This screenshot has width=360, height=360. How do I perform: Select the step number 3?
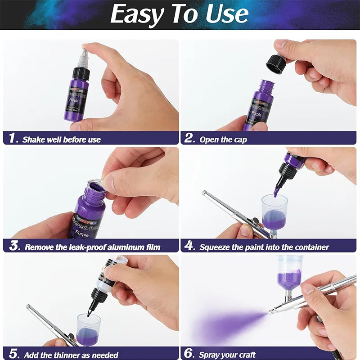coord(14,246)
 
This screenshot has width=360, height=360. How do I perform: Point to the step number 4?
coord(190,246)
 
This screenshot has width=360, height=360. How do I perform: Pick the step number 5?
coord(13,354)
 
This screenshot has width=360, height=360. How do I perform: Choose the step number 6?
coord(190,354)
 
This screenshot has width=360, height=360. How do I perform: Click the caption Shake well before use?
coord(62,139)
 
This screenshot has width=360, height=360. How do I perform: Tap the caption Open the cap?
coord(223,139)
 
